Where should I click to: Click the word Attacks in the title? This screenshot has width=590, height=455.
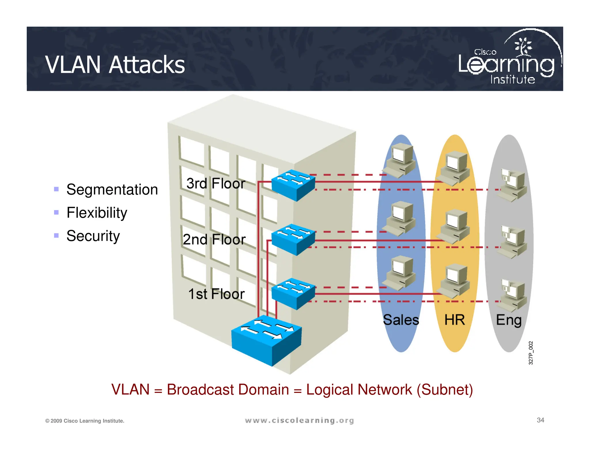(147, 65)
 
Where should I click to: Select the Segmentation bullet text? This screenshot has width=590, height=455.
(112, 190)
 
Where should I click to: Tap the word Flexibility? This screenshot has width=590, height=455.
(97, 213)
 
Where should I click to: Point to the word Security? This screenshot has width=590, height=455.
(93, 236)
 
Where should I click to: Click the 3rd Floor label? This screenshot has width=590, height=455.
(215, 183)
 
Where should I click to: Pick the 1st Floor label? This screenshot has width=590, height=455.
(216, 294)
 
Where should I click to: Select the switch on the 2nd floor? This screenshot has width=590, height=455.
(293, 239)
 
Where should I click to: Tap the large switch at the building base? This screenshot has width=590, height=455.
(266, 341)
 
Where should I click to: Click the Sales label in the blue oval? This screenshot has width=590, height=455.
(401, 320)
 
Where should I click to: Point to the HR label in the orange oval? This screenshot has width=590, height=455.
(455, 320)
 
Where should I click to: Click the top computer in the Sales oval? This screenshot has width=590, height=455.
(401, 160)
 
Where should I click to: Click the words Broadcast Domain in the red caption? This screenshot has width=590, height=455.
(228, 390)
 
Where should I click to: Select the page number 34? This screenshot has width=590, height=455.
(540, 420)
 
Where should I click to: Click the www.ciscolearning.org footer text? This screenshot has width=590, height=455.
(299, 420)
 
